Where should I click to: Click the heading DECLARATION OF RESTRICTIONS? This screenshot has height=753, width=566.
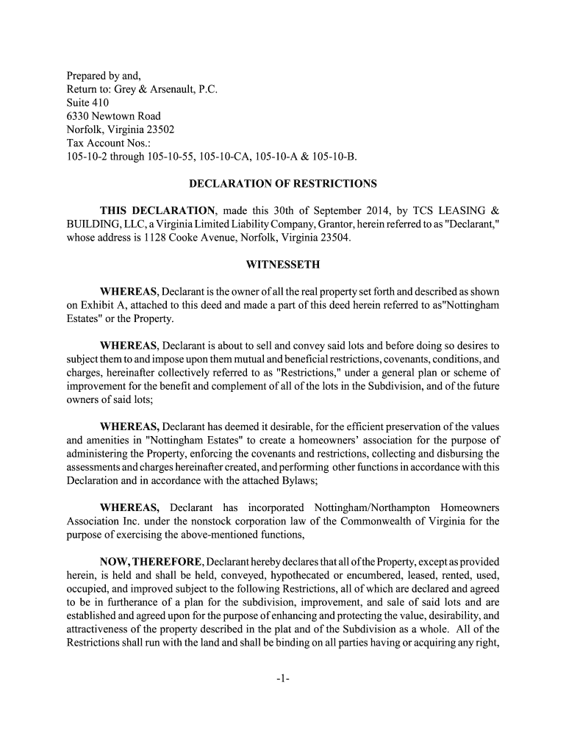tap(283, 183)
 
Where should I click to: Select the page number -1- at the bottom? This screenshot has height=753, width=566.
tap(283, 679)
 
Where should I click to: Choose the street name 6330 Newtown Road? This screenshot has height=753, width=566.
tap(113, 115)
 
